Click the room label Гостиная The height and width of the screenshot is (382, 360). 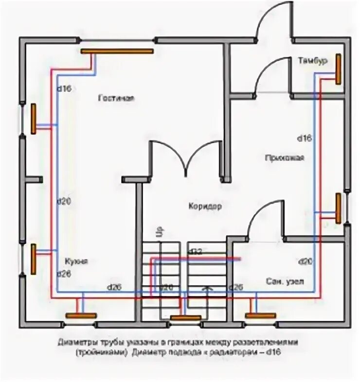[115, 98]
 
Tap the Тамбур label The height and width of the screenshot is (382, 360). [312, 60]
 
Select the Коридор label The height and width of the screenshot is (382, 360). [205, 206]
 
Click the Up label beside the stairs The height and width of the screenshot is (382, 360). [157, 231]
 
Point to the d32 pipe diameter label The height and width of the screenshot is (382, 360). [195, 251]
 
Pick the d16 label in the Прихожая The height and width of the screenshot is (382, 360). [304, 139]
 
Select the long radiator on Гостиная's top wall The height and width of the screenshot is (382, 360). [117, 51]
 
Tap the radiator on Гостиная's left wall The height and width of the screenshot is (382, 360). [34, 119]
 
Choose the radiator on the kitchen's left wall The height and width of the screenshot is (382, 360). [34, 260]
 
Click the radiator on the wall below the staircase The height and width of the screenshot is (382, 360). [185, 318]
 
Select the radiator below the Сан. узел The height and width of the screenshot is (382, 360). [260, 315]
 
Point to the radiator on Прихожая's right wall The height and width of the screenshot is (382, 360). [338, 208]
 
